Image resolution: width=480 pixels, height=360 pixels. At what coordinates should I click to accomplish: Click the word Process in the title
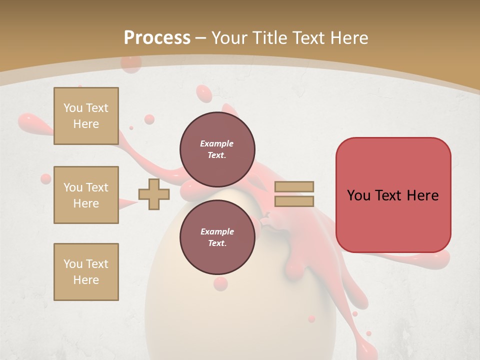click(x=157, y=37)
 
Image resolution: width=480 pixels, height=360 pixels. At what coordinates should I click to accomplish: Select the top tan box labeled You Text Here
click(x=86, y=116)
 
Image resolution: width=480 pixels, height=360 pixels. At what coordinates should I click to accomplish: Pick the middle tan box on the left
click(x=86, y=195)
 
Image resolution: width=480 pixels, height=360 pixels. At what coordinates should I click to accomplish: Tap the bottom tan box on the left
click(x=86, y=272)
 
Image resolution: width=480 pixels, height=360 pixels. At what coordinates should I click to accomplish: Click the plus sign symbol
click(x=153, y=194)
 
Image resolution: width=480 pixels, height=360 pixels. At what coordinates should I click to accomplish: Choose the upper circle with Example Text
click(x=217, y=149)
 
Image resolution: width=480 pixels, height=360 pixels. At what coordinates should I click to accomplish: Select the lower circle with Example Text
click(x=217, y=237)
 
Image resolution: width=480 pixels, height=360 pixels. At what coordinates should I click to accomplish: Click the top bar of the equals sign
click(x=294, y=186)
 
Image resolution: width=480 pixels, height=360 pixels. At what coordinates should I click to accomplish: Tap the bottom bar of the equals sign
click(x=294, y=201)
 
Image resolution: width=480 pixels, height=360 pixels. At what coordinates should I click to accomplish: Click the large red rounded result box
click(x=393, y=194)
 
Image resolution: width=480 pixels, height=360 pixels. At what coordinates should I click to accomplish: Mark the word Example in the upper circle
click(x=216, y=143)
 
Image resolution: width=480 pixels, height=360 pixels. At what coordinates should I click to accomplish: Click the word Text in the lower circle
click(x=216, y=243)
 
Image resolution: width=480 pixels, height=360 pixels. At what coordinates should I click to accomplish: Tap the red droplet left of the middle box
click(x=45, y=179)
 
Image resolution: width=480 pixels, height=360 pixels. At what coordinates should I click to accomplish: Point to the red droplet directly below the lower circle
click(x=220, y=283)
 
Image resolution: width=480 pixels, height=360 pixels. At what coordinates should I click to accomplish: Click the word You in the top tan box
click(x=72, y=108)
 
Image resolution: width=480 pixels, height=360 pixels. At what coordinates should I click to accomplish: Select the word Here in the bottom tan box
click(x=86, y=280)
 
